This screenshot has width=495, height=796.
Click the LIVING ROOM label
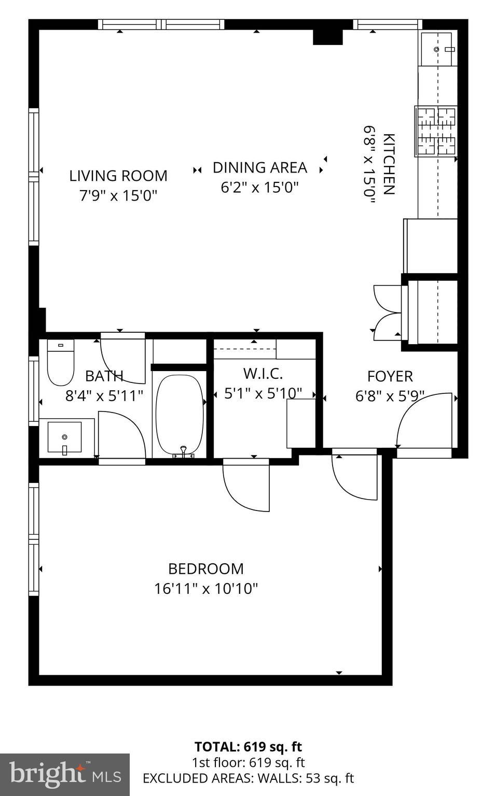tap(118, 176)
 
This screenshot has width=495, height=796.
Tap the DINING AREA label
tap(260, 168)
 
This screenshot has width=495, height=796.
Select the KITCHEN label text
tap(389, 164)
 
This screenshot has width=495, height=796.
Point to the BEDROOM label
tap(205, 569)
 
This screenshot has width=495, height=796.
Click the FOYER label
tap(390, 376)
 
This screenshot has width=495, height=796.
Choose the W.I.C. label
tap(263, 374)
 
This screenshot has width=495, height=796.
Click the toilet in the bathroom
tap(61, 363)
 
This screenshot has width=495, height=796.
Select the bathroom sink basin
tap(64, 437)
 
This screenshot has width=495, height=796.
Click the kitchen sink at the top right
tap(437, 49)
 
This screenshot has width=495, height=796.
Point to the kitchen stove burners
tap(436, 131)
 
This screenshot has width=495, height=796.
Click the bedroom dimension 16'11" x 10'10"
tap(205, 589)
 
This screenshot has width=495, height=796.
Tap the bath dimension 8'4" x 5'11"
tap(104, 395)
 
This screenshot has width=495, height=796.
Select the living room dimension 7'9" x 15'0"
tap(118, 195)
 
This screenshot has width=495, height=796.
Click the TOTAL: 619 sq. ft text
tap(248, 747)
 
